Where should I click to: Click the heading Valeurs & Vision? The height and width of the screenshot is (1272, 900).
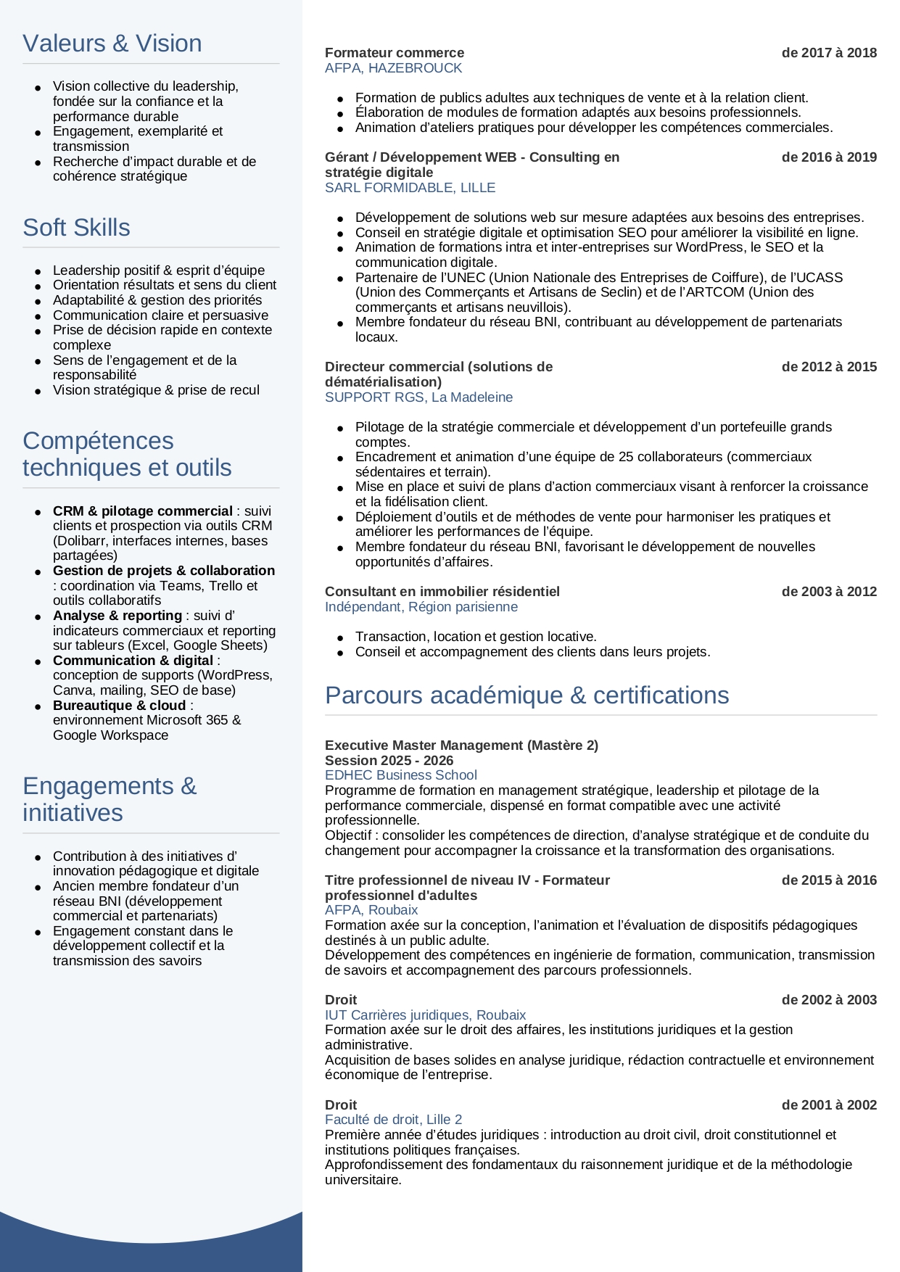tap(112, 44)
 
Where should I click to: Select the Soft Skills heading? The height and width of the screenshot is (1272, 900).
tap(77, 228)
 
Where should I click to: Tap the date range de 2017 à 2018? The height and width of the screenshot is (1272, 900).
tap(829, 53)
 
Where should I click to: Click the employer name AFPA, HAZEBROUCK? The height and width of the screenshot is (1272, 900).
tap(393, 68)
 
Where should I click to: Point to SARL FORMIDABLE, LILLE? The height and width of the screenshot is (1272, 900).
tap(410, 188)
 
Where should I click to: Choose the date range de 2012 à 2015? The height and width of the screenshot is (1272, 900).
tap(829, 367)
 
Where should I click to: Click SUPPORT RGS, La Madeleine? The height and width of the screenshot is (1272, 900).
tap(418, 397)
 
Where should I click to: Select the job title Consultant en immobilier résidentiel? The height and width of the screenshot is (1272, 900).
tap(442, 592)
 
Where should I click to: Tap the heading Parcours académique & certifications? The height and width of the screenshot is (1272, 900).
tap(527, 695)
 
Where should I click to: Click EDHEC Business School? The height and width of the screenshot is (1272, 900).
tap(400, 775)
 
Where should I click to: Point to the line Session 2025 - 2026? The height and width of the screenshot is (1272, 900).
tap(389, 761)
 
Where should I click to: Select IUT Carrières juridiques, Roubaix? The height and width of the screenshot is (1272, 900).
tap(425, 1015)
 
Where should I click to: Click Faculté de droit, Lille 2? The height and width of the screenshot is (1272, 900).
tap(393, 1120)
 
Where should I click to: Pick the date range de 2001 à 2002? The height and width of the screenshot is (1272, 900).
tap(829, 1105)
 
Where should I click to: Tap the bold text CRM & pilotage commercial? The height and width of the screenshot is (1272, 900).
tap(143, 511)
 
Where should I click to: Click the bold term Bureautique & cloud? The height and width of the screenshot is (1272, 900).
tap(120, 706)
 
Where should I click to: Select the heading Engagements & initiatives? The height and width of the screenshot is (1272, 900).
tap(109, 799)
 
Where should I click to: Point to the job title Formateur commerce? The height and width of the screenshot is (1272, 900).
tap(395, 53)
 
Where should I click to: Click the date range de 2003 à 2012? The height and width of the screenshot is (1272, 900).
tap(829, 592)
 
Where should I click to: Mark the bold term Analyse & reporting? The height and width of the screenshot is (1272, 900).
tap(117, 616)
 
